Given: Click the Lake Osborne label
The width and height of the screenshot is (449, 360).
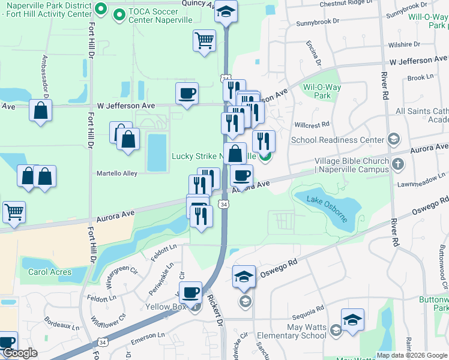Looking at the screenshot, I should pyautogui.click(x=328, y=208).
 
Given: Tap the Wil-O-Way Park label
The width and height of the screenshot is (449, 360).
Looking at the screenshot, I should pyautogui.click(x=322, y=91).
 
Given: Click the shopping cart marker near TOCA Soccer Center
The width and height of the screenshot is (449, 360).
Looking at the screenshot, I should pyautogui.click(x=204, y=41).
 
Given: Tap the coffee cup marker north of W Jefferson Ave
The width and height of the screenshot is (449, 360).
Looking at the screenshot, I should pyautogui.click(x=187, y=94).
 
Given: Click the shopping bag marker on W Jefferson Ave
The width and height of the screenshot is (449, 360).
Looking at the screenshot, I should pyautogui.click(x=40, y=112).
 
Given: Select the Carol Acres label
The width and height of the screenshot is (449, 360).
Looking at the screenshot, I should pyautogui.click(x=49, y=271).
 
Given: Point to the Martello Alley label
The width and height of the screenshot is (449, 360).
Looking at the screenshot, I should pyautogui.click(x=118, y=173).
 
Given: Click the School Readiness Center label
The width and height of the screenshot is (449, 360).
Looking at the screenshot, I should pyautogui.click(x=337, y=140).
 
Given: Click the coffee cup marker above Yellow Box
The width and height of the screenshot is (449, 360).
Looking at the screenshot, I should pyautogui.click(x=190, y=293).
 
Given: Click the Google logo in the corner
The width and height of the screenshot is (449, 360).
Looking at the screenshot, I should pyautogui.click(x=20, y=353).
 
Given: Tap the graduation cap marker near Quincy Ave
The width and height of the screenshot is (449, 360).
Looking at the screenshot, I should pyautogui.click(x=226, y=11).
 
